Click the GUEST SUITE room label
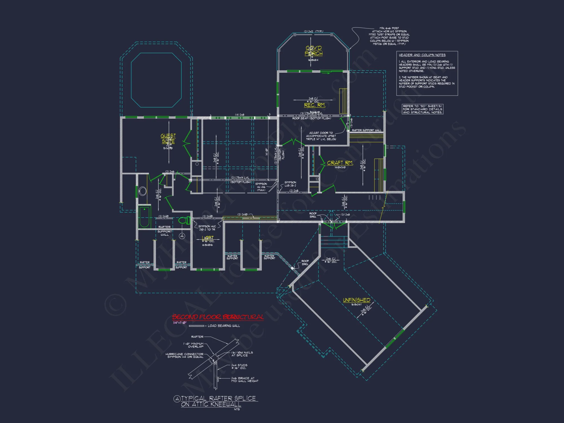coord(168,138)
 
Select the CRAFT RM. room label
coord(340,163)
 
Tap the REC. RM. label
coord(314,105)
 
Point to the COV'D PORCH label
coord(314,51)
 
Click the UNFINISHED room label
coord(356,300)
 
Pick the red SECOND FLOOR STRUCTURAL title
coord(218,317)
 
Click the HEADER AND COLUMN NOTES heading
coord(422,55)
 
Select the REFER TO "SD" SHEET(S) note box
coord(422,109)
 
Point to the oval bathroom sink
coord(143,191)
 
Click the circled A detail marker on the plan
coord(182,236)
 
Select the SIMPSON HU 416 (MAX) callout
coord(261,187)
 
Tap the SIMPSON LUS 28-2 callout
coord(290,184)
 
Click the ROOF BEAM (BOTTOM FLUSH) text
coord(311,118)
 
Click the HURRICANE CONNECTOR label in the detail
coord(184,355)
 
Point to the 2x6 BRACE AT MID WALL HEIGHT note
coord(244,380)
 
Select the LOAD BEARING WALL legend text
coord(224,326)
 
